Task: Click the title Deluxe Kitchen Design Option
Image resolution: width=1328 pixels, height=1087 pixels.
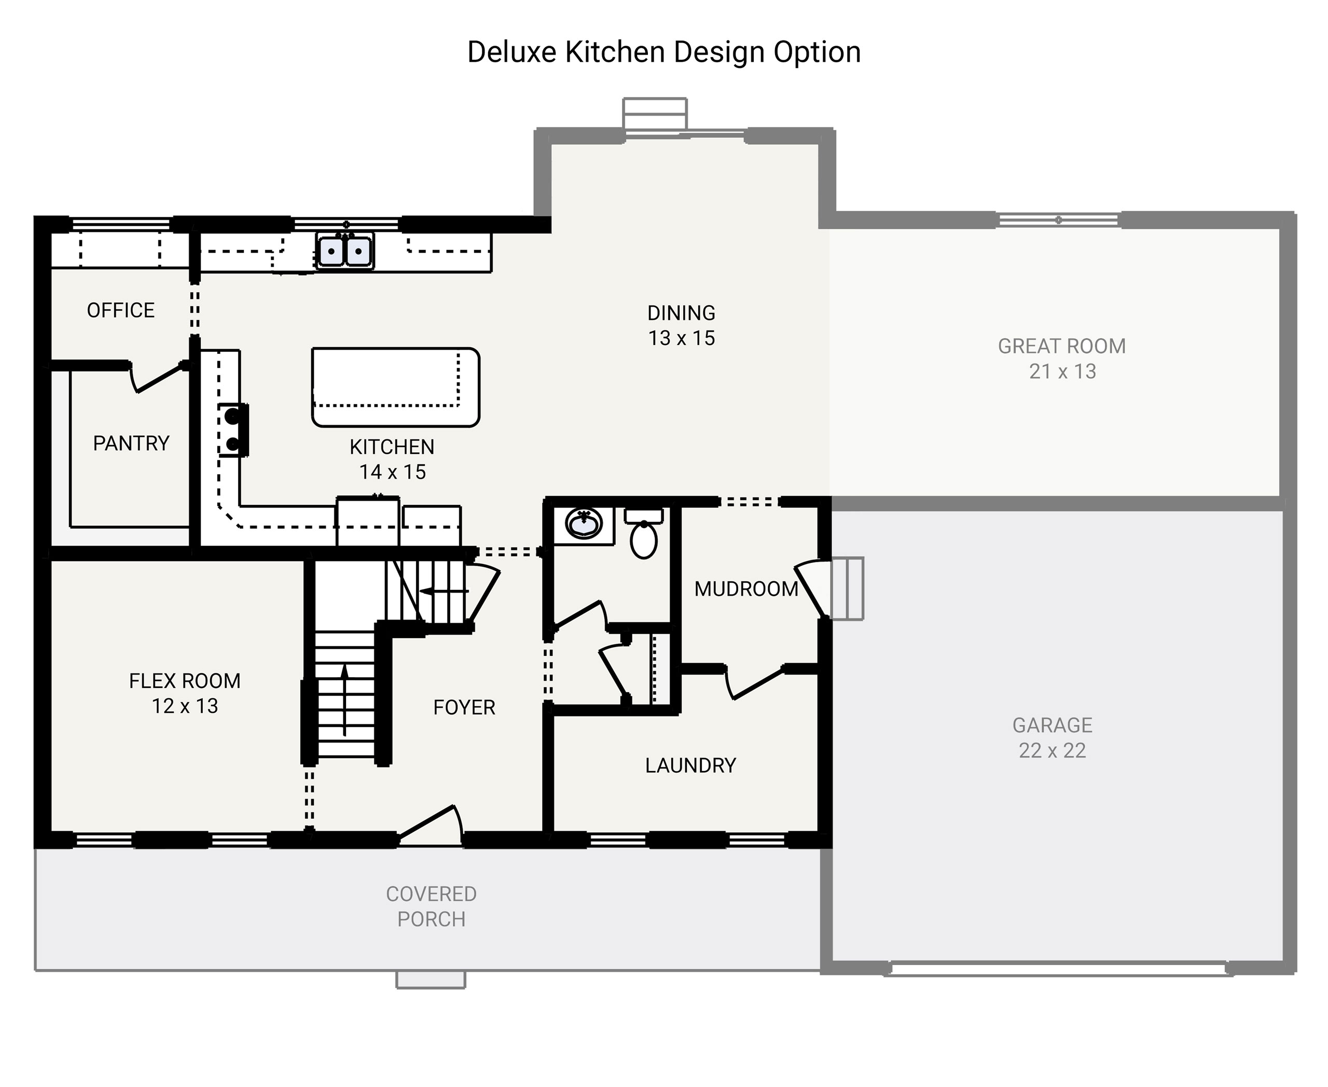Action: coord(663,52)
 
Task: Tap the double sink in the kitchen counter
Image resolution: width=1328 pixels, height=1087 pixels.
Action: coord(344,251)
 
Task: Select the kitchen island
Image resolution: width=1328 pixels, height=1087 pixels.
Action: coord(395,387)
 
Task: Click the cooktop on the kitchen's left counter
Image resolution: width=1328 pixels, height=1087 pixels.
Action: coord(233,430)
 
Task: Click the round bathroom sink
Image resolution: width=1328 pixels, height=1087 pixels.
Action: coord(583,523)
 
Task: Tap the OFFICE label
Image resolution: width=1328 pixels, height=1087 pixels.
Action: coord(120,310)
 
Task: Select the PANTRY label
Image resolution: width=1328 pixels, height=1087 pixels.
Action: coord(131,443)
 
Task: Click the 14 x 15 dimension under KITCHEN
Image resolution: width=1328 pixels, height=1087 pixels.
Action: coord(392,472)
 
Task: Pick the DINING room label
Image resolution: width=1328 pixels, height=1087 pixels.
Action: coord(681,312)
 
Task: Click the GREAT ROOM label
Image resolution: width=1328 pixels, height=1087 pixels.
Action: coord(1061,346)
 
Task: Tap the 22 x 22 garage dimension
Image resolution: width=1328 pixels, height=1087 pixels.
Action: coord(1052,750)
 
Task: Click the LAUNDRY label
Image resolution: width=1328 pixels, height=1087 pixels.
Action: coord(690,765)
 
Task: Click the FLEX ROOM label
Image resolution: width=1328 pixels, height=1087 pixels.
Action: coord(185,681)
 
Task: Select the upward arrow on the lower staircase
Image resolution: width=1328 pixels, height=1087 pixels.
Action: coord(344,699)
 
